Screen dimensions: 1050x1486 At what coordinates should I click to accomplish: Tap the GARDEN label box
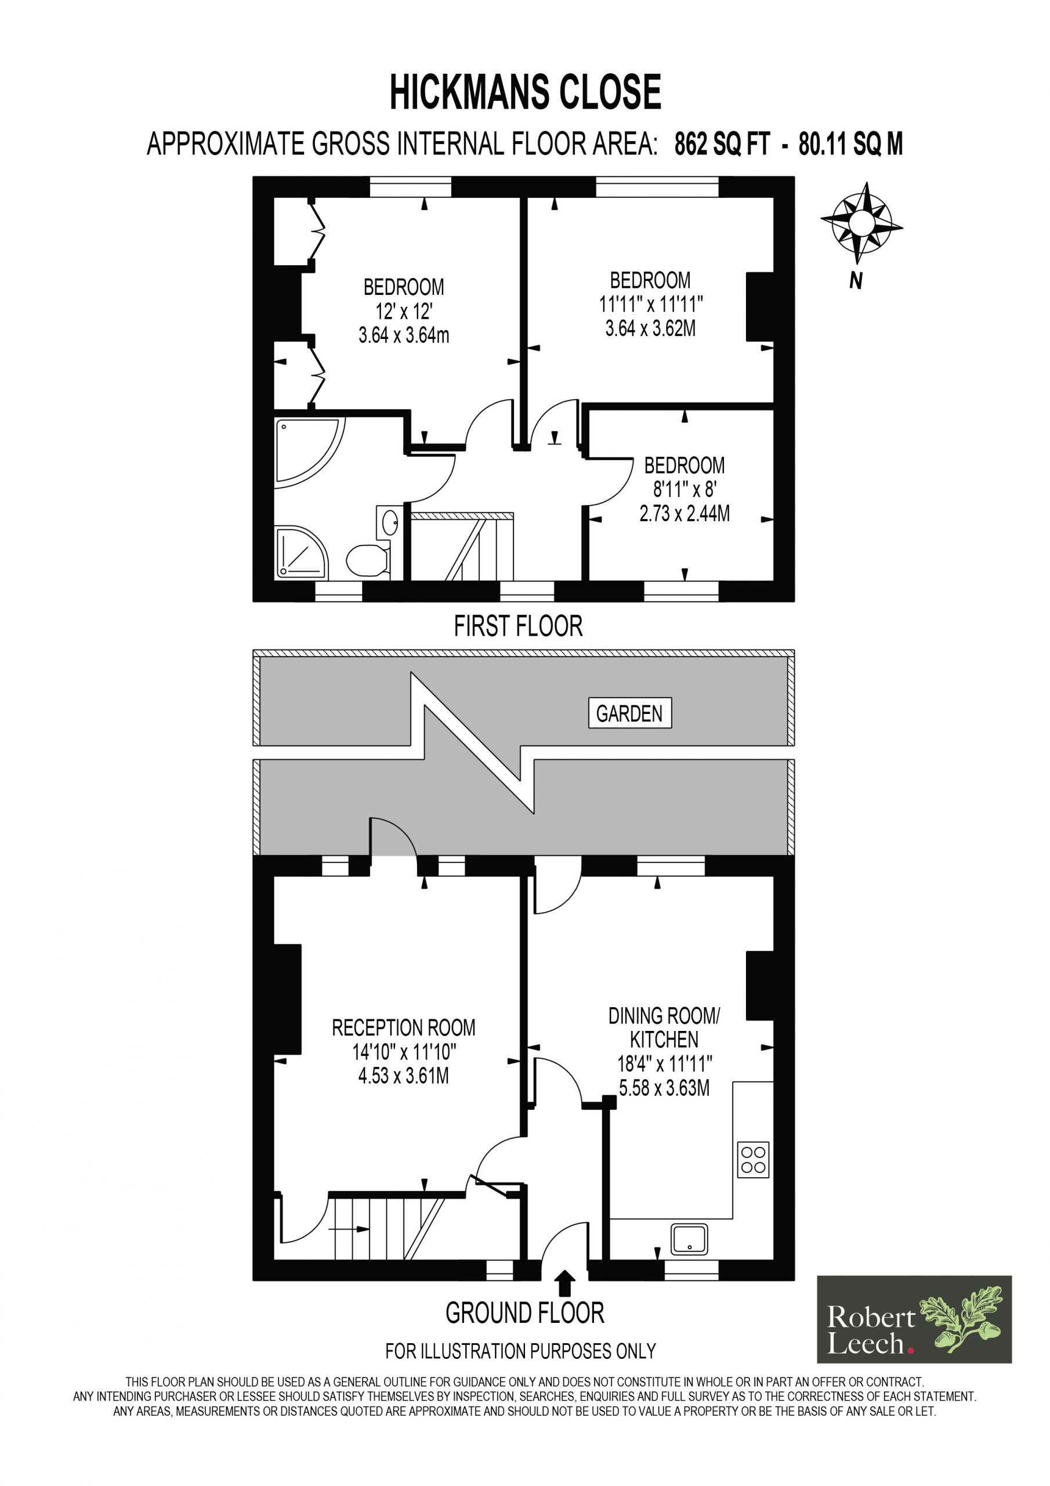629,713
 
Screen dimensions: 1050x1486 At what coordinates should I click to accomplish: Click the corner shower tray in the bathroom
302,552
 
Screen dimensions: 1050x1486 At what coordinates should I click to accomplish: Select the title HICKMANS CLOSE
526,92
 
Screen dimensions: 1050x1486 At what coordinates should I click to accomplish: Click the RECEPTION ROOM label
404,1028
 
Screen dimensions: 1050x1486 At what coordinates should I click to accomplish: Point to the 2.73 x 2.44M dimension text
685,514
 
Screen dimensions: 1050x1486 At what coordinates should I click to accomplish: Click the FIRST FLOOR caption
518,626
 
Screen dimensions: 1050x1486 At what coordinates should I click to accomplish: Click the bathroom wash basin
388,523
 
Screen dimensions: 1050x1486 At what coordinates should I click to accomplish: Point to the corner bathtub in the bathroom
309,451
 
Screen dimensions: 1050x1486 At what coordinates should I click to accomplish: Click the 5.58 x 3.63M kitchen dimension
664,1088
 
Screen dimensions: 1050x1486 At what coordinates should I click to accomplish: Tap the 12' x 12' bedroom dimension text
404,312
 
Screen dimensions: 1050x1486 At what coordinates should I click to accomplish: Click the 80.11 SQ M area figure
851,144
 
